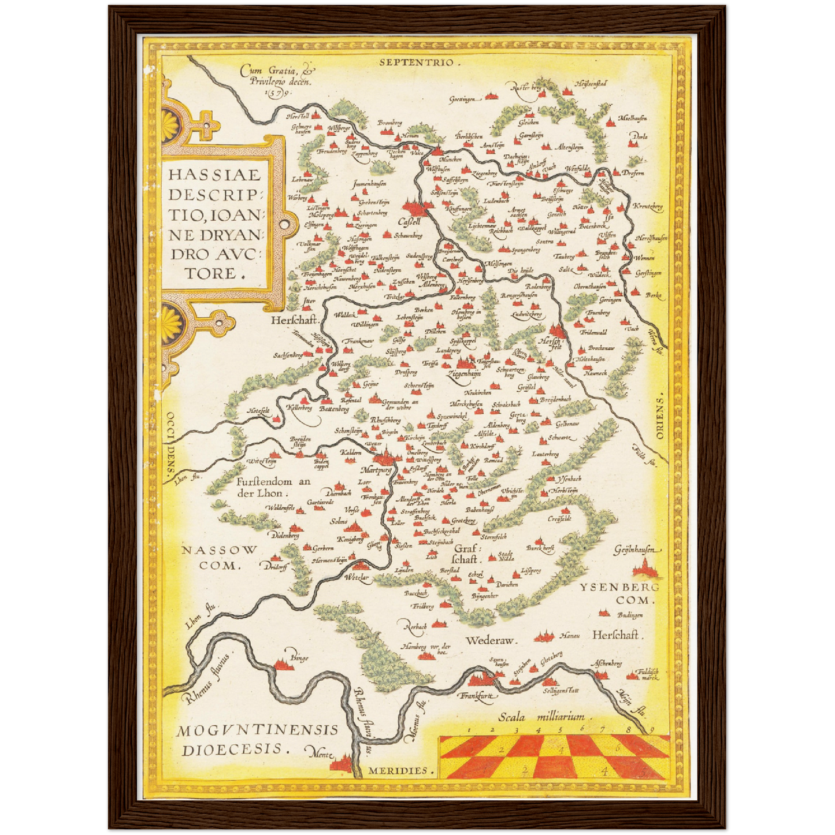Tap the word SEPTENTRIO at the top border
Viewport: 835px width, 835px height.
(418, 62)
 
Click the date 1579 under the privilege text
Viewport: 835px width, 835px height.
(277, 92)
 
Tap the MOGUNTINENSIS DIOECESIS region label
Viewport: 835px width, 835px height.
(257, 740)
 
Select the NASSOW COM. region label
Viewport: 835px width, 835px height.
(220, 558)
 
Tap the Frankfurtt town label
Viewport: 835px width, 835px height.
(477, 696)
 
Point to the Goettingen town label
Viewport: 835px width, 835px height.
(465, 99)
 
